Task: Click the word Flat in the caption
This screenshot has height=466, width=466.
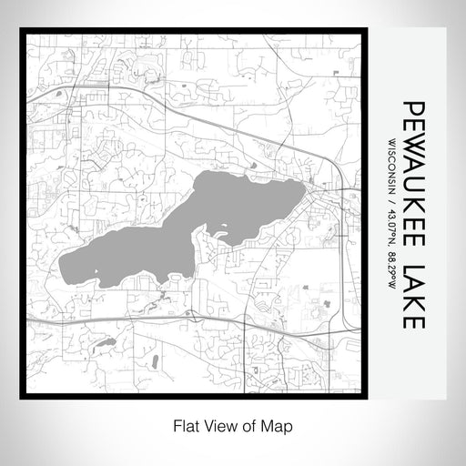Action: tap(186, 424)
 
